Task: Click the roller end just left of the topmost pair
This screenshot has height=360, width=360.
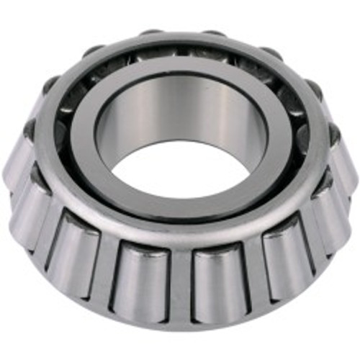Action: (94, 50)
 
